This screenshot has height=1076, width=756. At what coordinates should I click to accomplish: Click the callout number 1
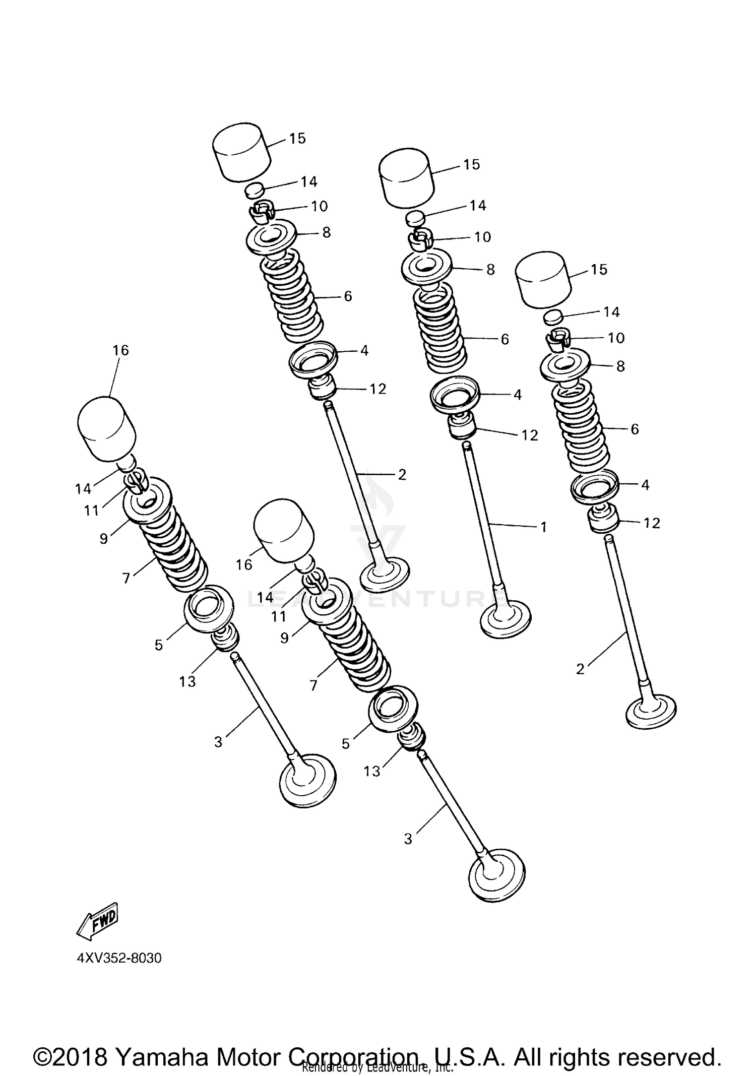pyautogui.click(x=543, y=527)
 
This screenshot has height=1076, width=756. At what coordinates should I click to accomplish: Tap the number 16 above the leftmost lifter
pyautogui.click(x=120, y=350)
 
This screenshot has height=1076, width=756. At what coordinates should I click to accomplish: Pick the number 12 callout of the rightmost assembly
pyautogui.click(x=652, y=523)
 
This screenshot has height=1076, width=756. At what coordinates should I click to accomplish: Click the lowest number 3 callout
pyautogui.click(x=408, y=839)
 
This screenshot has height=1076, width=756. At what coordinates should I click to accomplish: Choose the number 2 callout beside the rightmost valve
pyautogui.click(x=580, y=669)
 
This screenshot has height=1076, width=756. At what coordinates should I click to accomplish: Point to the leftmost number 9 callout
pyautogui.click(x=104, y=539)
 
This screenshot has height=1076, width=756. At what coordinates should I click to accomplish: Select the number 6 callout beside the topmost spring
pyautogui.click(x=348, y=296)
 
